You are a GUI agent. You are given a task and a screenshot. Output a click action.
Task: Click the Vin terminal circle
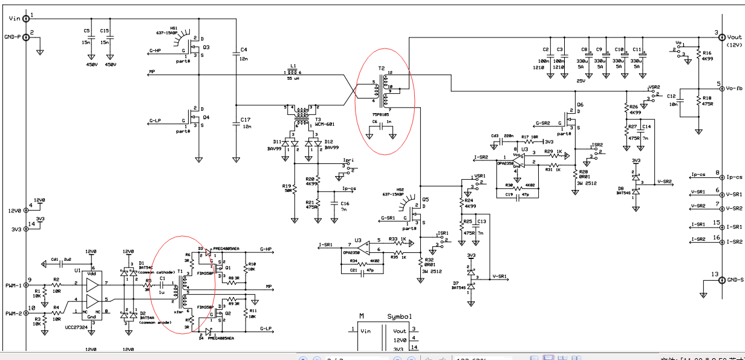(27, 18)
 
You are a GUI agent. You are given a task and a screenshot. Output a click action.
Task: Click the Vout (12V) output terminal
(721, 38)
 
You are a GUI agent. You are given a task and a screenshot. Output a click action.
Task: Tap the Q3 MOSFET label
(206, 47)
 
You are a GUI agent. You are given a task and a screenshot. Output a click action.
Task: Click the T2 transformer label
(382, 69)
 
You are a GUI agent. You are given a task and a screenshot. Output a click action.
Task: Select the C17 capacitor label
(245, 120)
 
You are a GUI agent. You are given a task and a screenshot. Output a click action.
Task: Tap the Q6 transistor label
(580, 104)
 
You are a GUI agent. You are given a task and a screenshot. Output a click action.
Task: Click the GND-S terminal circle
(721, 280)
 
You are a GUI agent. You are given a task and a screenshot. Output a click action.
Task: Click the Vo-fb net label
(734, 88)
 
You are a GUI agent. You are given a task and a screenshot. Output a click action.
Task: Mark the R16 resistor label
(708, 53)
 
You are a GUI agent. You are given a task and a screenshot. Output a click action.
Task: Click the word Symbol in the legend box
(399, 316)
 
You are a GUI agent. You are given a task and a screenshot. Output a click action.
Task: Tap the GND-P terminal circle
(27, 37)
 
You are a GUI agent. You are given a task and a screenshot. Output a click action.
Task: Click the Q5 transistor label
(426, 200)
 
